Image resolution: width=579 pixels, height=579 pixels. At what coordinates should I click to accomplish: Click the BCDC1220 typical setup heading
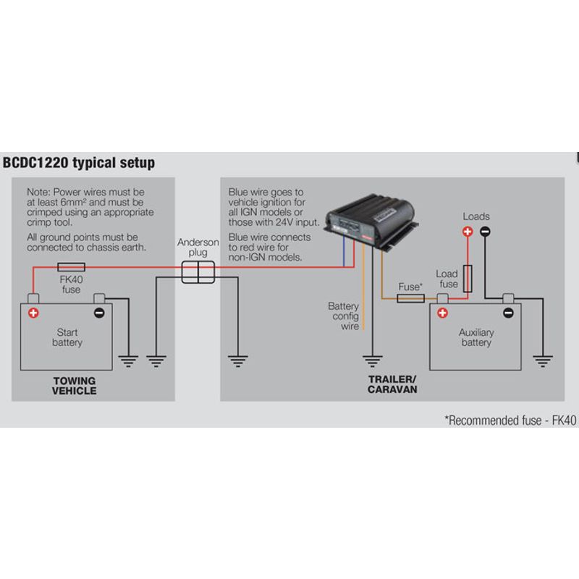click(79, 163)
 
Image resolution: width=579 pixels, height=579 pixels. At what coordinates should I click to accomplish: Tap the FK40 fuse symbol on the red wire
click(70, 267)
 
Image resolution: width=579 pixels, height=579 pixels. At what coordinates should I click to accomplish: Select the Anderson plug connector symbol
click(197, 273)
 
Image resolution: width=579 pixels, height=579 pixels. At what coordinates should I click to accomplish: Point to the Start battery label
click(67, 337)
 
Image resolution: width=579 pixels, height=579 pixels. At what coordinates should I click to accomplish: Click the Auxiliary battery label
click(476, 337)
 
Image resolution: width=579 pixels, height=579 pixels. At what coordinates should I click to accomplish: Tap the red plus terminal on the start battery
click(33, 313)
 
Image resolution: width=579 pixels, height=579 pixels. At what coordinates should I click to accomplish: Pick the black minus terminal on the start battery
click(99, 313)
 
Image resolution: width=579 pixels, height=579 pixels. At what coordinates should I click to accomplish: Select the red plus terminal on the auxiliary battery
click(442, 313)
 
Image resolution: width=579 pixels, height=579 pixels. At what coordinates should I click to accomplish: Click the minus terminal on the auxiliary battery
click(508, 313)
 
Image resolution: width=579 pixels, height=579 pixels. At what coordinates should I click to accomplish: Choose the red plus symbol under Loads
click(468, 232)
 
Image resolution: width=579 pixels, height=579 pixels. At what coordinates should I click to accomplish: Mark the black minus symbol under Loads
click(485, 232)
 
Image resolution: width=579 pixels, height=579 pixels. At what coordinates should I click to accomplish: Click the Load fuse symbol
click(468, 277)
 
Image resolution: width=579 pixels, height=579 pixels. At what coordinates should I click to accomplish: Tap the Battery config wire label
click(344, 316)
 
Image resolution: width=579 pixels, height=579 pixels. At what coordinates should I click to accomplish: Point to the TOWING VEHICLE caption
click(74, 386)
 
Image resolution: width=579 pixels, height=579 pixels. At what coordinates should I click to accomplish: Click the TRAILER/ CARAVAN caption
click(392, 384)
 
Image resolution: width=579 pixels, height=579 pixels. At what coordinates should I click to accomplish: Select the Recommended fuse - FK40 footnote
click(511, 420)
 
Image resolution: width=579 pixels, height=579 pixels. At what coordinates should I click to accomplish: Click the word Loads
click(476, 216)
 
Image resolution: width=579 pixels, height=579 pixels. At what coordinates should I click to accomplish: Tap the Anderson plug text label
click(197, 248)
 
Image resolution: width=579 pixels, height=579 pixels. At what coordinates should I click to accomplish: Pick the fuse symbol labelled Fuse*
click(411, 298)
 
